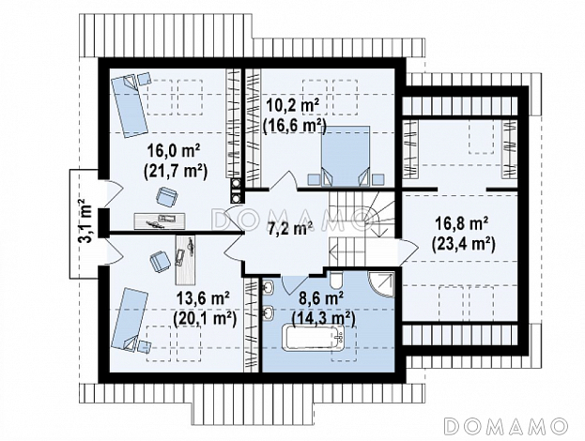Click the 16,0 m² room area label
[175, 151]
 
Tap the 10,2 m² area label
[293, 106]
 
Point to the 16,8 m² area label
[462, 224]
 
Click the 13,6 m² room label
[203, 299]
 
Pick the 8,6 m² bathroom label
[321, 298]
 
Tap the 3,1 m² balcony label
[85, 220]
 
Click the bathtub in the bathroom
[315, 338]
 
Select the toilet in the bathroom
[334, 280]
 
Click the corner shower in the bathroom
[381, 283]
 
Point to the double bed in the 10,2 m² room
[346, 156]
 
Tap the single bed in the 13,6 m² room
[130, 319]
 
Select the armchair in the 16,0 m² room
[167, 196]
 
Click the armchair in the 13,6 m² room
[160, 261]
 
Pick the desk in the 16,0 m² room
[160, 220]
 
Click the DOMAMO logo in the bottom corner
[506, 425]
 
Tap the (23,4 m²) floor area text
[463, 244]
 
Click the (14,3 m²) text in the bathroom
[323, 319]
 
